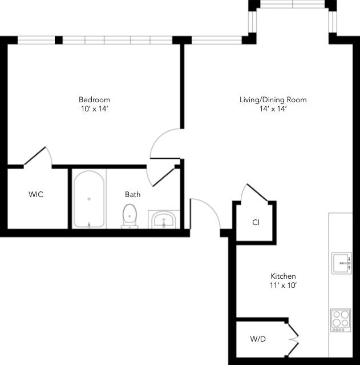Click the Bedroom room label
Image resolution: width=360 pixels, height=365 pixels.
coord(94,99)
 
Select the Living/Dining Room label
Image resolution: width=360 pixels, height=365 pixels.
coord(273,100)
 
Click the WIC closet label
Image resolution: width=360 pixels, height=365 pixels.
coord(36,194)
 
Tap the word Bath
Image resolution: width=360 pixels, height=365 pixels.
coord(132,194)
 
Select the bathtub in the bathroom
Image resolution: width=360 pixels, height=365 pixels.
coord(88,199)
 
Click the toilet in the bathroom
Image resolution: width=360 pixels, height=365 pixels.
coord(131,215)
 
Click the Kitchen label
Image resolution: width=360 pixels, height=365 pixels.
coord(283,276)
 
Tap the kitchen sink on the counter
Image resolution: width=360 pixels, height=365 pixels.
coord(342,263)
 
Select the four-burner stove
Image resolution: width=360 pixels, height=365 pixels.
coord(340,319)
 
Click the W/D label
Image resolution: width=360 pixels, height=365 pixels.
coord(258,339)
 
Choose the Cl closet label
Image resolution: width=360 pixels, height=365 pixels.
coord(256,222)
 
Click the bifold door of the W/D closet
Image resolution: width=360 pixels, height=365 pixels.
coord(294,339)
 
